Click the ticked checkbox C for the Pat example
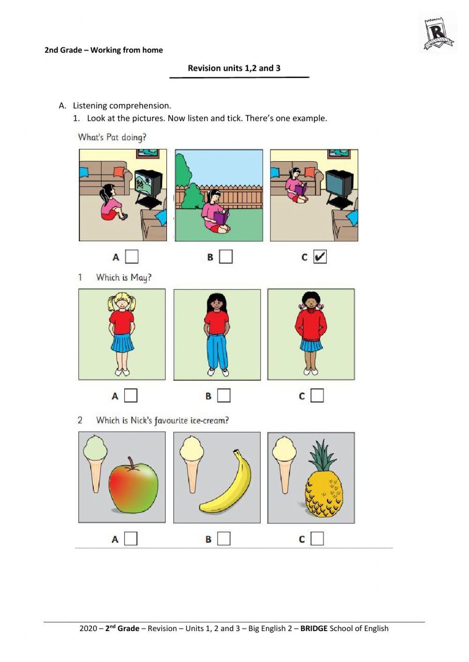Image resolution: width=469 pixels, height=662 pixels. point(320,257)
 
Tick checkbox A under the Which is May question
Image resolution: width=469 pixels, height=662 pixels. point(131,395)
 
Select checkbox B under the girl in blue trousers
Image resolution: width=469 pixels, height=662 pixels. point(224,395)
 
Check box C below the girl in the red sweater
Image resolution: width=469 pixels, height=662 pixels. point(318,395)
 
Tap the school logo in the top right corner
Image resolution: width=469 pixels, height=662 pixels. point(438,34)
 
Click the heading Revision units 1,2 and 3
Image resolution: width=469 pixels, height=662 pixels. point(234,68)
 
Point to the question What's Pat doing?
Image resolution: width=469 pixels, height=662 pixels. point(112,137)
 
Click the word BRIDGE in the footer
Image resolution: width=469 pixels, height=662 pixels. point(314,628)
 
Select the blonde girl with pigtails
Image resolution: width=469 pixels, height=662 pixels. point(121,333)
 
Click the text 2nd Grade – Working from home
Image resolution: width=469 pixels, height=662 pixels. point(104,50)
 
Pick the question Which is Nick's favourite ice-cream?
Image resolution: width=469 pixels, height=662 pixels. point(162,420)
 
